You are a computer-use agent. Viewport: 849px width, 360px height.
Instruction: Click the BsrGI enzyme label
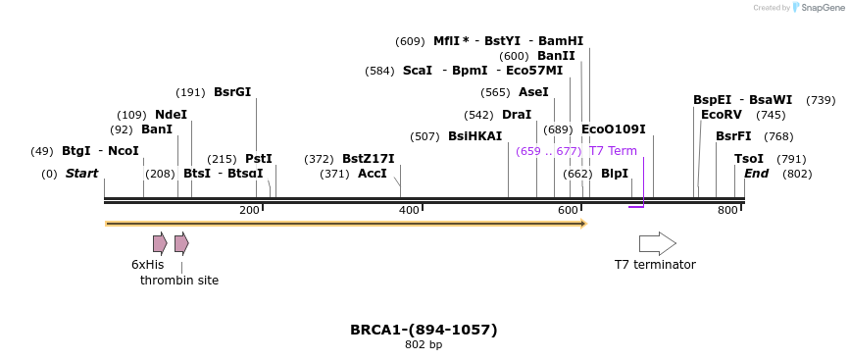click(232, 92)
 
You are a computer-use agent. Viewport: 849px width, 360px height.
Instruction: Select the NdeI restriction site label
click(171, 115)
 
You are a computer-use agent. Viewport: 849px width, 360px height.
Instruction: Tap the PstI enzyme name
click(259, 159)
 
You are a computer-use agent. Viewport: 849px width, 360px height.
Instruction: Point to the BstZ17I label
click(368, 159)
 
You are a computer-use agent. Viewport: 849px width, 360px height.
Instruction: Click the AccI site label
click(373, 174)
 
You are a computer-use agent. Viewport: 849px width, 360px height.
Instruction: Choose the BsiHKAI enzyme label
click(474, 136)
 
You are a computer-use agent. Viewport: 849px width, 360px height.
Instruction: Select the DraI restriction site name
click(517, 115)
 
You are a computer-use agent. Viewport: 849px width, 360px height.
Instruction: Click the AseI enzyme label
click(533, 92)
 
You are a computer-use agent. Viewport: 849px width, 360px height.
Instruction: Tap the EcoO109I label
click(614, 129)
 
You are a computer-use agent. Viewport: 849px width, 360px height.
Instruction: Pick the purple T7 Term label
click(613, 151)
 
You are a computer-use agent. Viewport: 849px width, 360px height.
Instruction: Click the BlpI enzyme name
click(615, 174)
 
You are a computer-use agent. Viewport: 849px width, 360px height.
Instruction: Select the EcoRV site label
click(722, 115)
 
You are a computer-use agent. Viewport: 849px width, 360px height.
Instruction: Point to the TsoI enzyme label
click(749, 159)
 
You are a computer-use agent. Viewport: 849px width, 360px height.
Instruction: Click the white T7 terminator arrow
click(657, 243)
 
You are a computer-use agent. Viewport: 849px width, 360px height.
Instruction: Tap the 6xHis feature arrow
click(160, 243)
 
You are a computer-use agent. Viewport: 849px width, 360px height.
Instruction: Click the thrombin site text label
click(179, 281)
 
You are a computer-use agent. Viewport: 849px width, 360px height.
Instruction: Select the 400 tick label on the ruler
click(408, 211)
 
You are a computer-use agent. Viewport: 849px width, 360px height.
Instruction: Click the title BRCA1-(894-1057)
click(424, 330)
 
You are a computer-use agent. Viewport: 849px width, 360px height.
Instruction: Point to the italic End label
click(757, 174)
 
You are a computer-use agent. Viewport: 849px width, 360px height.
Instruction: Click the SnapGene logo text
click(823, 8)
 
